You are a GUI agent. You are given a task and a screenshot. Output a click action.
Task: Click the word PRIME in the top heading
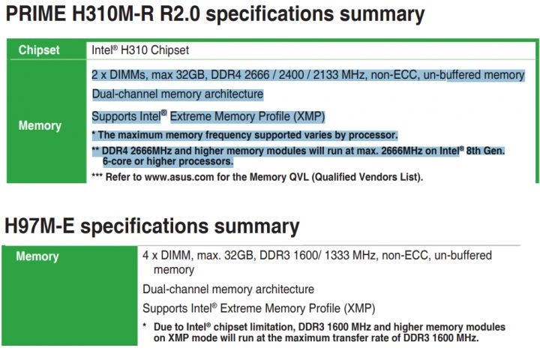click(36, 13)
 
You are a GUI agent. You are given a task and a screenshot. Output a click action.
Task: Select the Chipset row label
click(39, 50)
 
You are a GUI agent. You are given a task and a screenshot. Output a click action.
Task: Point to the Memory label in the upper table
click(40, 125)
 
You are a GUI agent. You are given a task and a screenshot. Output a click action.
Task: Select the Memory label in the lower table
click(37, 256)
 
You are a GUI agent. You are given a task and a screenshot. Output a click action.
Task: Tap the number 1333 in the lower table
click(337, 255)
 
